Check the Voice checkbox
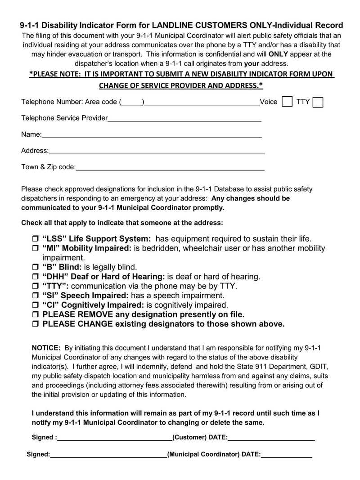coord(287,102)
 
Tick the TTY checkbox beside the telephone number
coord(318,103)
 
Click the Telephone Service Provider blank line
coord(184,119)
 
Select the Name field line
coord(152,135)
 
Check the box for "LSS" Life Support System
coord(35,239)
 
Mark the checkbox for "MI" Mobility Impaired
coord(35,249)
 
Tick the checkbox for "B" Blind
coord(35,268)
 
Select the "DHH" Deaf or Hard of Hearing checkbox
coord(35,277)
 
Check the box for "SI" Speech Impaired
coord(35,296)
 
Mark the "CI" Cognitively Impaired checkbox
coord(35,305)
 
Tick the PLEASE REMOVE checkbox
coord(35,315)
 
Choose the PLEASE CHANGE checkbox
coord(35,324)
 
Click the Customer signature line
coord(114,438)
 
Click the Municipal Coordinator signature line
coord(108,455)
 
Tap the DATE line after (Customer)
coord(271,438)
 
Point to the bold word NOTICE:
coord(46,348)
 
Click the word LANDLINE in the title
coord(172,25)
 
